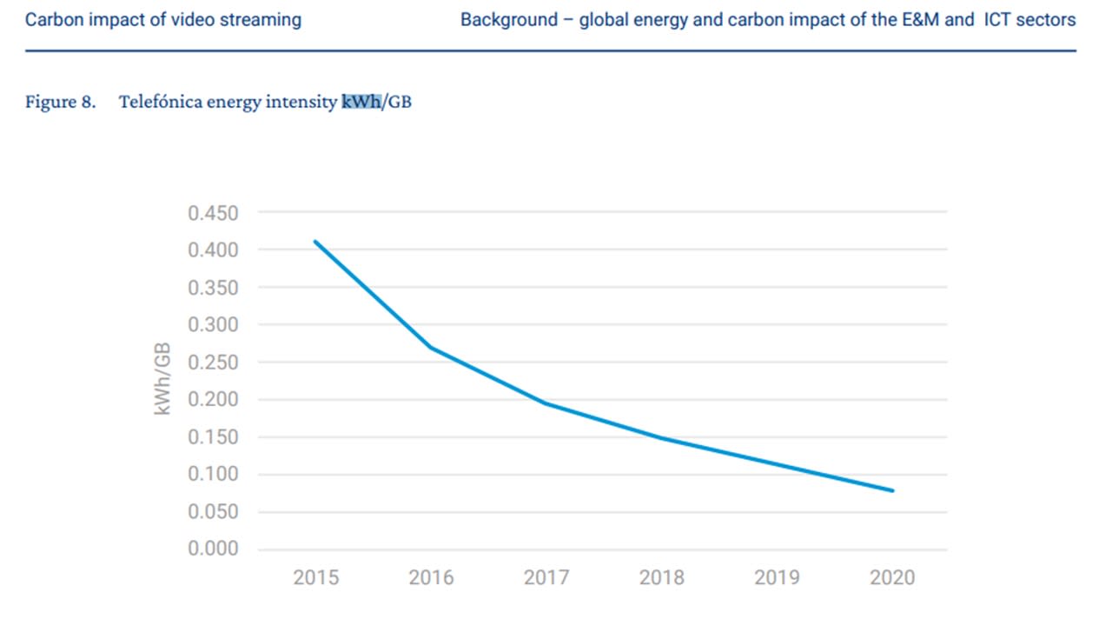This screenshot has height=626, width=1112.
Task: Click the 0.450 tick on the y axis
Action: click(213, 213)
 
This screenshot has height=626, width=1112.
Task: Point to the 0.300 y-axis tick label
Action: click(213, 325)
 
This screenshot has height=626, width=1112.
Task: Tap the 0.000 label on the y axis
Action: click(213, 549)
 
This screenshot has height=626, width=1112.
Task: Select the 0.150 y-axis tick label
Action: click(213, 437)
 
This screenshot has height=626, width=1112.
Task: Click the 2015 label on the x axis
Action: click(316, 577)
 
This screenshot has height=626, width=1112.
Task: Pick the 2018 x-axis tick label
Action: click(661, 577)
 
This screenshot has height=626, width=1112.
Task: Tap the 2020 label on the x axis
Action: click(891, 577)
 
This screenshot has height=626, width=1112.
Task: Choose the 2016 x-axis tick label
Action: click(431, 577)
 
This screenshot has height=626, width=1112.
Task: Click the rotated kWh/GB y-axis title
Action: click(162, 378)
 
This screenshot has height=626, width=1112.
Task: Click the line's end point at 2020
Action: click(892, 490)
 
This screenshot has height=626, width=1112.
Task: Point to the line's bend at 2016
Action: click(431, 348)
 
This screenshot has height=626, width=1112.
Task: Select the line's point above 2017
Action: click(546, 403)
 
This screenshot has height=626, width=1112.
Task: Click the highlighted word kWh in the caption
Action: click(361, 102)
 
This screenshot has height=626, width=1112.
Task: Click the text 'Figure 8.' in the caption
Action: click(60, 102)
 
